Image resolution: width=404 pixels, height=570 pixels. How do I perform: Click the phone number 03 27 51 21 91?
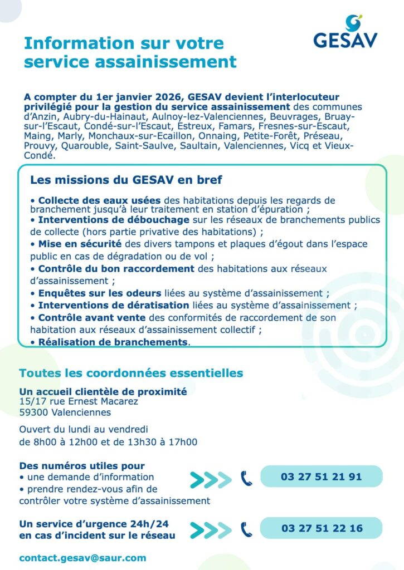[321, 476]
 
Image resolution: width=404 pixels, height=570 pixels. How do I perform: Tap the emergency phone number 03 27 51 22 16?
[321, 528]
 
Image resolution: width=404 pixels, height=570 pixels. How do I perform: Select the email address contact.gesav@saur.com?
[82, 557]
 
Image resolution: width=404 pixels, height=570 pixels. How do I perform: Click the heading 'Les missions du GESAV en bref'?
[126, 180]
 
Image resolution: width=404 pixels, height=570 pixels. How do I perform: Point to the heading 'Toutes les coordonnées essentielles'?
[131, 372]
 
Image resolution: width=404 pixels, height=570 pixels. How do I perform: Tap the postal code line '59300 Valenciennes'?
[65, 412]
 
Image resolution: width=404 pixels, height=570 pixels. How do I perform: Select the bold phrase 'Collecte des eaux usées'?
[99, 200]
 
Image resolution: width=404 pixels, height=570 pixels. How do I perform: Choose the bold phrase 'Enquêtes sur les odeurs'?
[99, 293]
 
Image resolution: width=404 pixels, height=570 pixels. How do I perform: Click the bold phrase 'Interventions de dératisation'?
[113, 305]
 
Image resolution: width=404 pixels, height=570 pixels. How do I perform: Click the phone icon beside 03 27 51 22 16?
[246, 529]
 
